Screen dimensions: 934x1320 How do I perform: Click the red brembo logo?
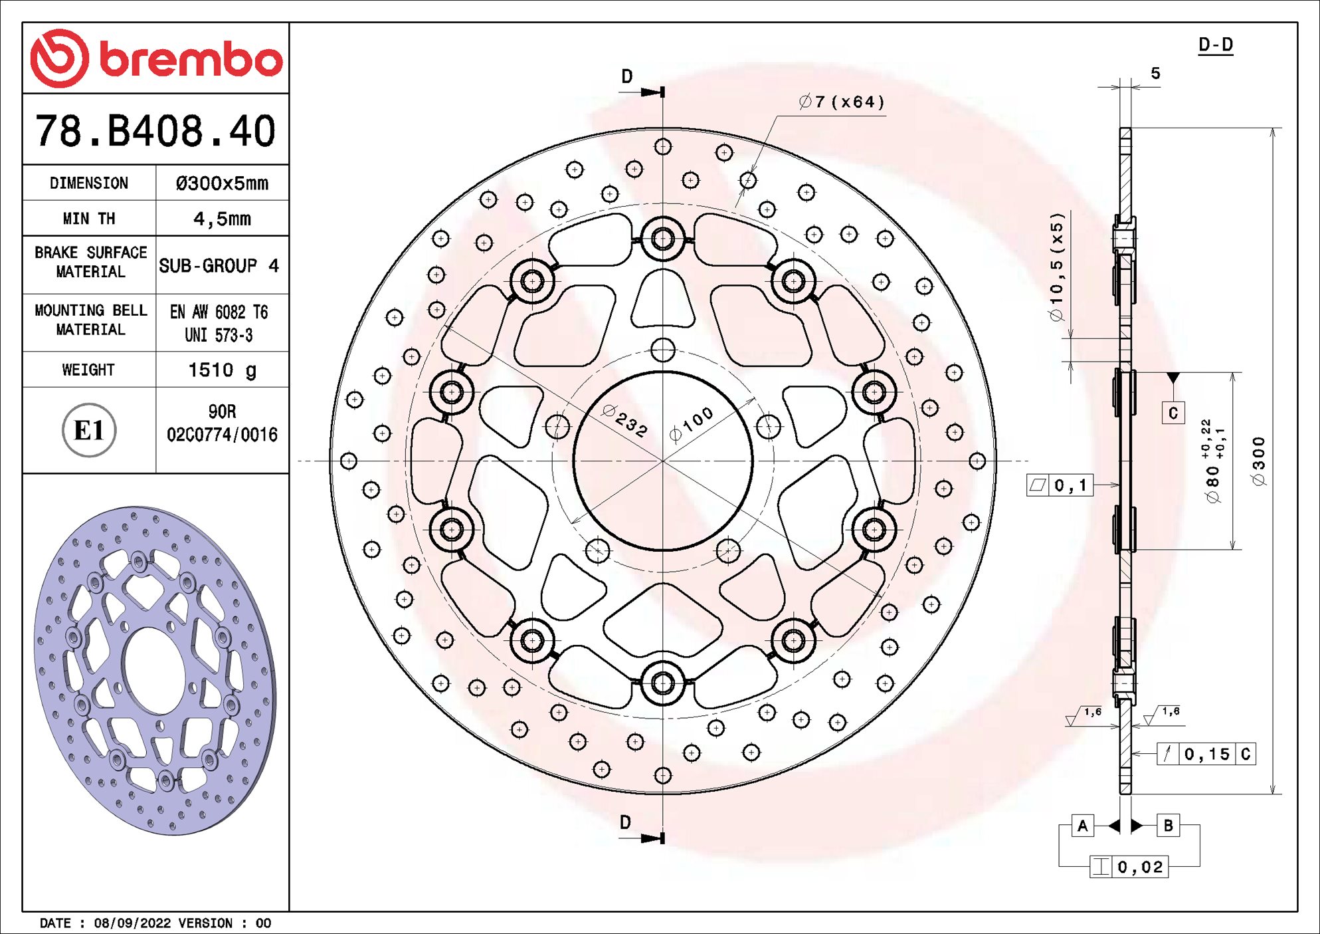(156, 58)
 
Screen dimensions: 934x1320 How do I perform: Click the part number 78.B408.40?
(155, 130)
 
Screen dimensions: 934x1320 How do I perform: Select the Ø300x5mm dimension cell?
(222, 183)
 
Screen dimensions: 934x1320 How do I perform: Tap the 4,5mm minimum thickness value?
(222, 219)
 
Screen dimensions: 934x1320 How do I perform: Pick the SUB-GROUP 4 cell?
(219, 266)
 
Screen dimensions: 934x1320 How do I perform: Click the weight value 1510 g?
(222, 370)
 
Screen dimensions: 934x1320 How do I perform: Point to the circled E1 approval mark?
(89, 431)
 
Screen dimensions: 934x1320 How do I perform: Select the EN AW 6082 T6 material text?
(219, 312)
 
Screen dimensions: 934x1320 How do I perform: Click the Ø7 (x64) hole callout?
(842, 102)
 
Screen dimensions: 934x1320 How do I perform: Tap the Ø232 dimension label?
(624, 421)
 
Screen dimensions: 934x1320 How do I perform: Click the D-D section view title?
(1215, 45)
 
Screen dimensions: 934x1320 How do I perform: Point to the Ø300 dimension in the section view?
(1258, 461)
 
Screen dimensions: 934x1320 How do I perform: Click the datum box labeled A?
(1083, 826)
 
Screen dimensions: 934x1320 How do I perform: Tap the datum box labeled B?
(1168, 826)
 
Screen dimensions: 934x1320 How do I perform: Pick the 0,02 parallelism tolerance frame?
(1129, 867)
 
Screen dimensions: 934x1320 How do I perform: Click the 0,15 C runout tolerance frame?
(1206, 754)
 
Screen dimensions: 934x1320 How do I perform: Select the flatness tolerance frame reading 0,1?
(1060, 485)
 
